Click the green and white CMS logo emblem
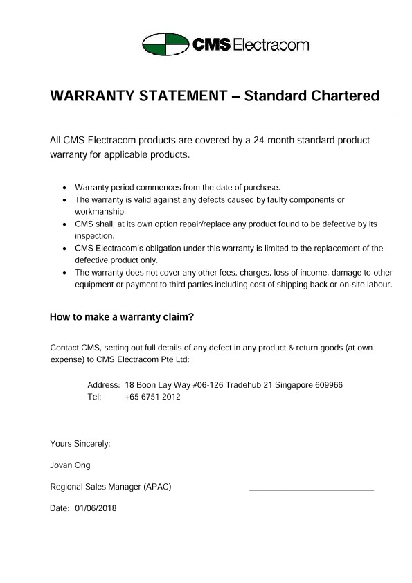click(x=165, y=45)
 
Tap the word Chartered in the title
click(x=343, y=95)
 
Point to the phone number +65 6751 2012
click(x=152, y=397)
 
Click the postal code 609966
click(x=327, y=385)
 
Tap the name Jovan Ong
click(x=70, y=465)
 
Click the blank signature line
click(x=311, y=490)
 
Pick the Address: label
click(x=104, y=385)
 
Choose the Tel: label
click(x=95, y=397)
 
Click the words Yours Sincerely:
click(x=80, y=443)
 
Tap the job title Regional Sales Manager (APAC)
click(x=111, y=487)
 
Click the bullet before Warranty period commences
click(x=64, y=188)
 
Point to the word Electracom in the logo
click(x=270, y=45)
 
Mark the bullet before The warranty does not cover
click(x=64, y=273)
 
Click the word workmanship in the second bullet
click(x=100, y=211)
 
